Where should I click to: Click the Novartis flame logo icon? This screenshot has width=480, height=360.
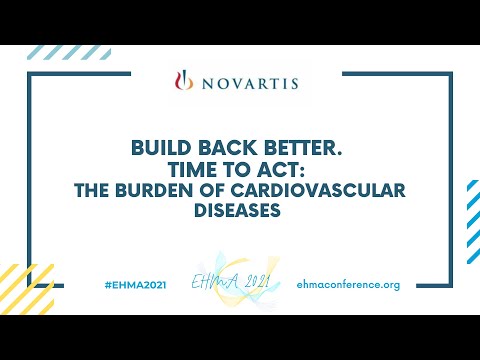[182, 81]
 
